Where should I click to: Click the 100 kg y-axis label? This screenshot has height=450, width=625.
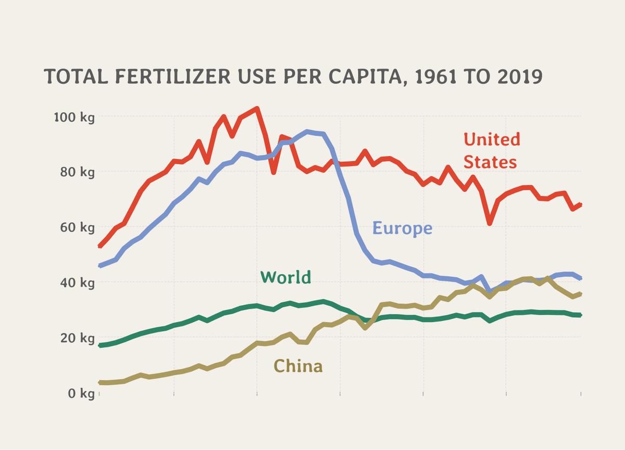pos(74,117)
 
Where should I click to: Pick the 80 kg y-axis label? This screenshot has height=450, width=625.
pos(77,172)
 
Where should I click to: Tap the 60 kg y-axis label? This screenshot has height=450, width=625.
pos(77,227)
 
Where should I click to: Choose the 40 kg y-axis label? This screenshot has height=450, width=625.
pos(77,282)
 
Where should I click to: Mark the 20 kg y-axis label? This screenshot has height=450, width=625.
pos(77,338)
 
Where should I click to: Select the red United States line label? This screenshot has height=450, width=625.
pos(491,150)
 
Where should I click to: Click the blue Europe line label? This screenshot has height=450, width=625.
pos(402,228)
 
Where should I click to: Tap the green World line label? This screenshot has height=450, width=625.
pos(285,277)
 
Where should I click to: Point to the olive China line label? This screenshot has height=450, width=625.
pos(298,367)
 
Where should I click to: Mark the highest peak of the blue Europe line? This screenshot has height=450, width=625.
pos(307,132)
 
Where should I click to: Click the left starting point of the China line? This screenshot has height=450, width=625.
pos(99,382)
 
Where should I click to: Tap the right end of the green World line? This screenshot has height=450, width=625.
pos(580,315)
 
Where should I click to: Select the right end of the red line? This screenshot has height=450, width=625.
pos(580,204)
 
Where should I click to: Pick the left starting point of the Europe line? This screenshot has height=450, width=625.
pos(99,266)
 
